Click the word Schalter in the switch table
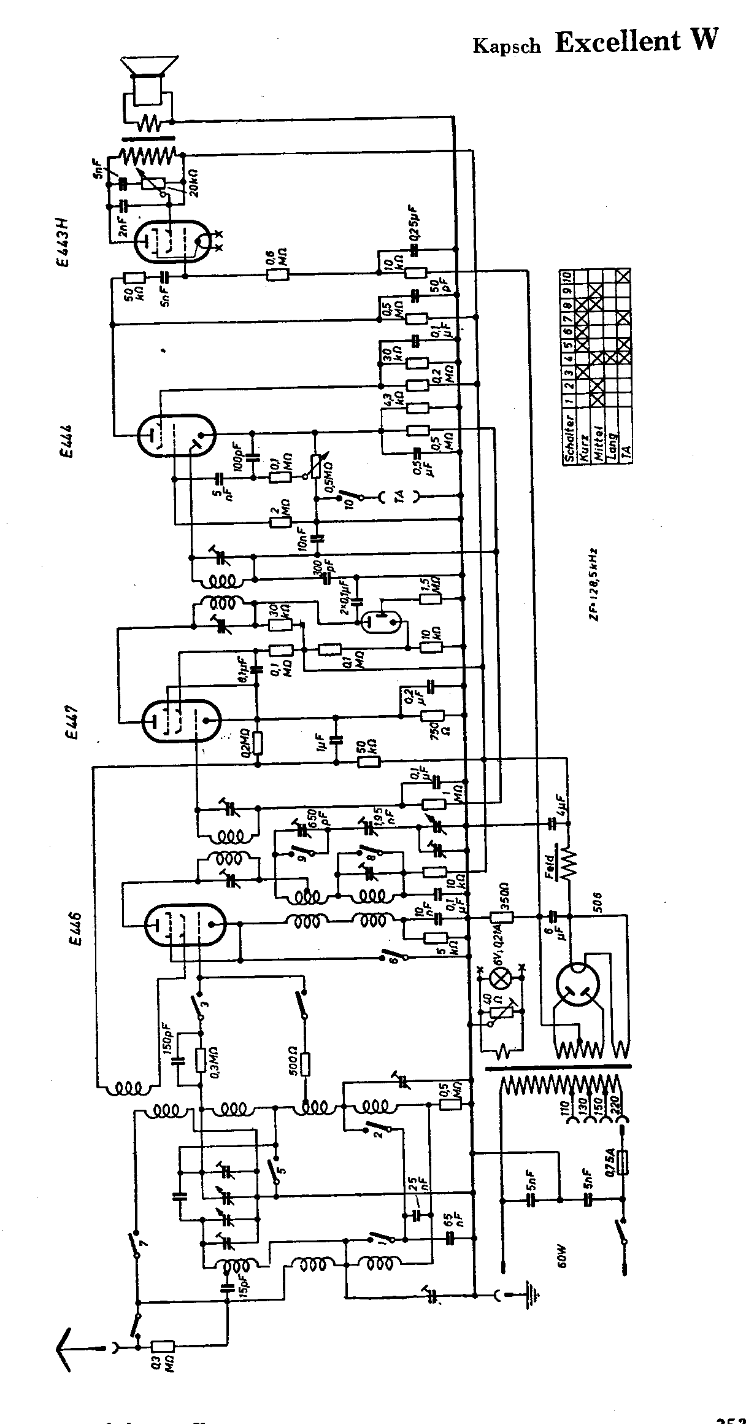(x=570, y=437)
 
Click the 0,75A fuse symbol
(x=624, y=1162)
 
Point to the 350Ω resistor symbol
(x=500, y=917)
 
